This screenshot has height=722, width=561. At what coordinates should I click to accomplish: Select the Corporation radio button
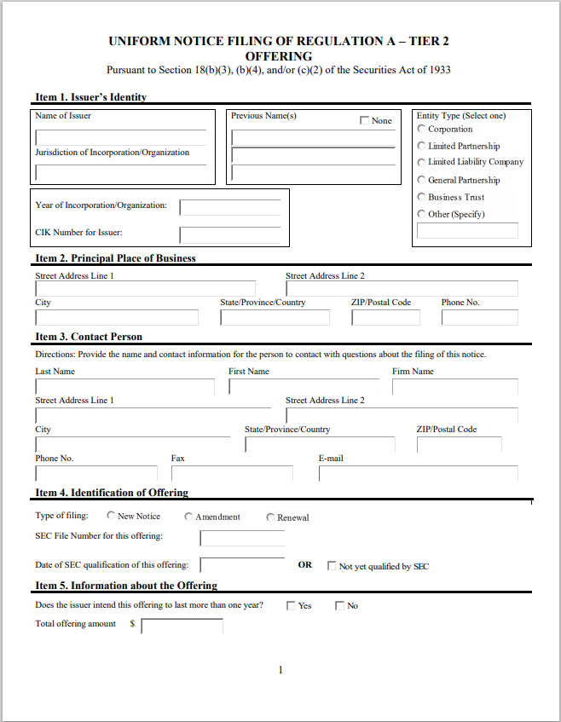pyautogui.click(x=421, y=129)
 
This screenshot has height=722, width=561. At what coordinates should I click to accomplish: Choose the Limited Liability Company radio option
pyautogui.click(x=421, y=162)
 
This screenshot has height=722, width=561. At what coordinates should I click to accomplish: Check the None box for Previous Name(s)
pyautogui.click(x=365, y=121)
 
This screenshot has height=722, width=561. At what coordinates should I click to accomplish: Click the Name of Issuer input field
pyautogui.click(x=120, y=138)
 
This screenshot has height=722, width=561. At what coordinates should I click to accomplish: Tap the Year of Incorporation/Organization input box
pyautogui.click(x=229, y=207)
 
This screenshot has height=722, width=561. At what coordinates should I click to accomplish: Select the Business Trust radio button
pyautogui.click(x=421, y=197)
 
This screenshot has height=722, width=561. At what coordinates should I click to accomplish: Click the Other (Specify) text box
pyautogui.click(x=466, y=230)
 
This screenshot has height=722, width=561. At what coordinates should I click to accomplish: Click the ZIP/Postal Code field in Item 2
pyautogui.click(x=385, y=317)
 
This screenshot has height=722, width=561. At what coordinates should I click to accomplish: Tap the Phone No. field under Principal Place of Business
pyautogui.click(x=479, y=317)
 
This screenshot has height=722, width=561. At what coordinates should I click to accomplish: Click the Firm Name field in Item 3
pyautogui.click(x=454, y=387)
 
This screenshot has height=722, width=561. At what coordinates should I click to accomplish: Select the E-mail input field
pyautogui.click(x=418, y=473)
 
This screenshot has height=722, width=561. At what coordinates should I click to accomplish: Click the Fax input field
pyautogui.click(x=231, y=473)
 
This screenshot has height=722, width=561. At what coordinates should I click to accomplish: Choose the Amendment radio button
pyautogui.click(x=189, y=517)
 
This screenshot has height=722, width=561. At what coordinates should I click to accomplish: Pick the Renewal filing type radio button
pyautogui.click(x=271, y=517)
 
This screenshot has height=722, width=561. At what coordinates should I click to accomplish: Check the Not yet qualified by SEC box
pyautogui.click(x=332, y=565)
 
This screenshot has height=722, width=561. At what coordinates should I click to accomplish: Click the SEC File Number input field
pyautogui.click(x=242, y=538)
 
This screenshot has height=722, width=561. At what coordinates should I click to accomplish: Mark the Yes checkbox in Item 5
pyautogui.click(x=291, y=606)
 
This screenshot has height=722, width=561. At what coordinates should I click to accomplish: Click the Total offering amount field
pyautogui.click(x=182, y=627)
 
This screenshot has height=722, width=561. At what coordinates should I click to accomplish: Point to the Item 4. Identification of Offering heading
pyautogui.click(x=112, y=493)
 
